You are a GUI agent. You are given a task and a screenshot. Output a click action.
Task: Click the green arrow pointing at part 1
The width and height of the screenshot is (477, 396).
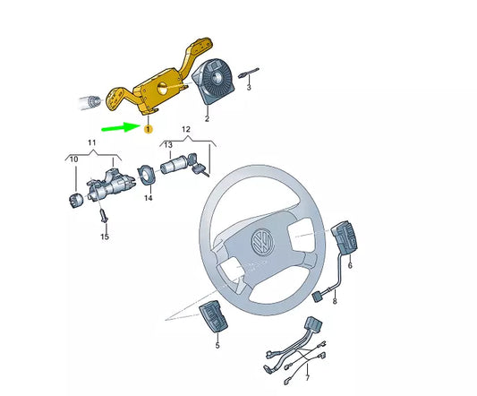pyautogui.click(x=119, y=129)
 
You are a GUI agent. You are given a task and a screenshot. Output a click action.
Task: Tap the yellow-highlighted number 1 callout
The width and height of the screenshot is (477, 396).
pyautogui.click(x=149, y=129)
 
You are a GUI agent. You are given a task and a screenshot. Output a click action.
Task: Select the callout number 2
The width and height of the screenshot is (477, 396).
pyautogui.click(x=207, y=117)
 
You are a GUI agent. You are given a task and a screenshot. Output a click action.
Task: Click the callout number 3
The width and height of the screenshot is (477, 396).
pyautogui.click(x=250, y=89)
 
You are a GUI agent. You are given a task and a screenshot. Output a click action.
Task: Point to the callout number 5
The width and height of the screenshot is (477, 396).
pyautogui.click(x=217, y=343)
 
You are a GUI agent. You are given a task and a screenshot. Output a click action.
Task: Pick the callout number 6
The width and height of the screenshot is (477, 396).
pyautogui.click(x=350, y=266)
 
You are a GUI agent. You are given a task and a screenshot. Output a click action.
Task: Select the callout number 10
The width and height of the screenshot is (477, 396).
pyautogui.click(x=74, y=159)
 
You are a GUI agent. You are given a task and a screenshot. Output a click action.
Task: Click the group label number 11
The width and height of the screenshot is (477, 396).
pyautogui.click(x=91, y=143)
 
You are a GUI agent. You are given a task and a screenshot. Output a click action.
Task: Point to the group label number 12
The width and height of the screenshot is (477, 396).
pyautogui.click(x=186, y=130)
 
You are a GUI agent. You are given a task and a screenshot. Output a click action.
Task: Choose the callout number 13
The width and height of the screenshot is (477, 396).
pyautogui.click(x=167, y=144)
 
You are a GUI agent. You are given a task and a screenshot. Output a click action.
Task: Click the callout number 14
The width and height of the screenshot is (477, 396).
pyautogui.click(x=149, y=198)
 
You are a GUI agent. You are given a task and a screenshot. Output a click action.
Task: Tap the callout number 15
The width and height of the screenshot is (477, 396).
pyautogui.click(x=105, y=237)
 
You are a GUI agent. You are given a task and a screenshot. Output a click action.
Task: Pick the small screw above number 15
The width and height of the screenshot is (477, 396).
pyautogui.click(x=104, y=216)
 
